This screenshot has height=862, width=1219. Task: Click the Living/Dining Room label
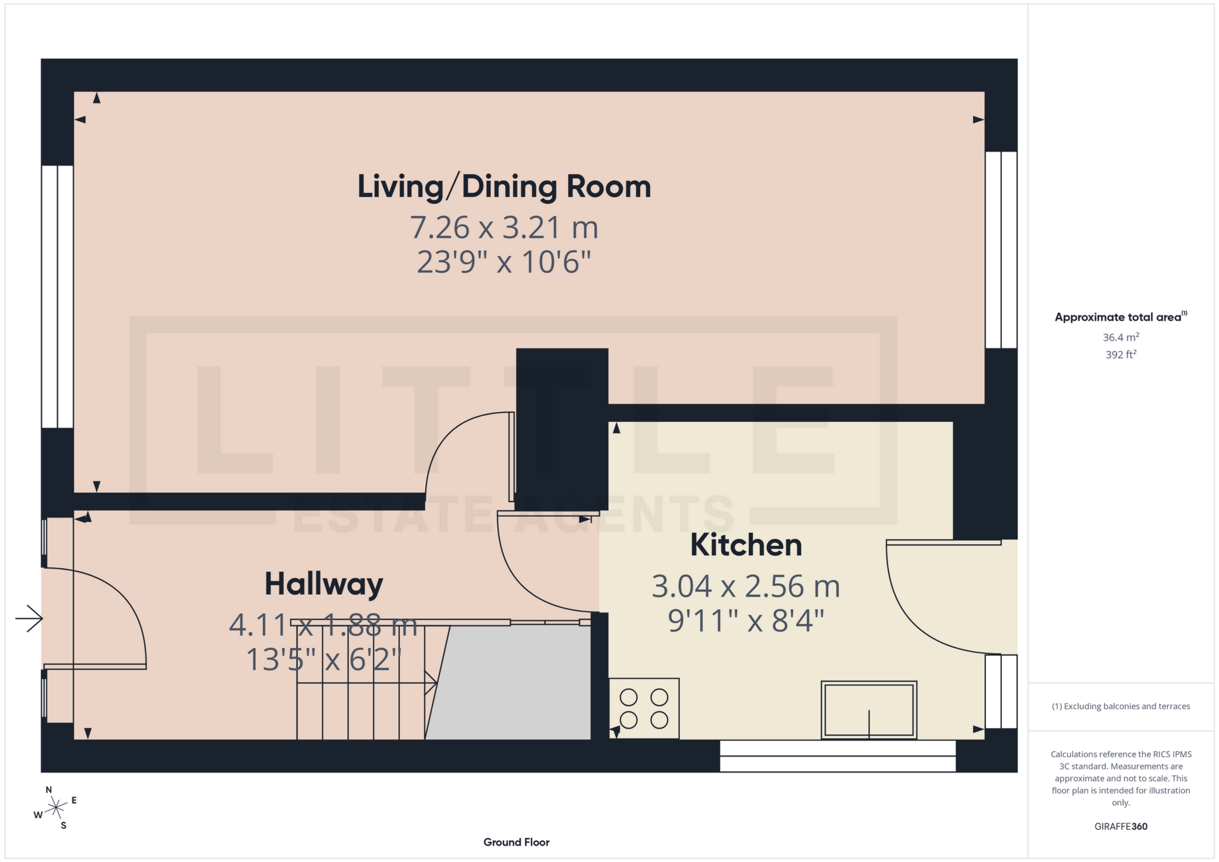tap(504, 187)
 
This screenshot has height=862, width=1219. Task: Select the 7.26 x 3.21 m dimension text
tap(504, 228)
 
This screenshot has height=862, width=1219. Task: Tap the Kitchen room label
tap(746, 545)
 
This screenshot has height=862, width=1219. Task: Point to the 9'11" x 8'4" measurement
tap(746, 621)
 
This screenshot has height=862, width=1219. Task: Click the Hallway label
tap(324, 584)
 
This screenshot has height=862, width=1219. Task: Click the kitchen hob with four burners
tap(644, 708)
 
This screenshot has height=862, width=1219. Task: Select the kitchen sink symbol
tap(869, 710)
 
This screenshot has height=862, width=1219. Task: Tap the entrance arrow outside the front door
tap(29, 618)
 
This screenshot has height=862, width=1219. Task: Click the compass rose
tap(56, 808)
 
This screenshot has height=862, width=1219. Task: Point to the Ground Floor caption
tap(516, 842)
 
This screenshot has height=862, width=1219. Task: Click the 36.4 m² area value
tap(1121, 337)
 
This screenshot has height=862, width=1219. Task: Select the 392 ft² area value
tap(1121, 354)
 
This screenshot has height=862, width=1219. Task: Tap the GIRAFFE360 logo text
tap(1121, 826)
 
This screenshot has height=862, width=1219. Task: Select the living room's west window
tap(57, 296)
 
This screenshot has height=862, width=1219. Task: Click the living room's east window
tap(1001, 249)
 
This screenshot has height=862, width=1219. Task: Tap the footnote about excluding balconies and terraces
tap(1121, 706)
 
